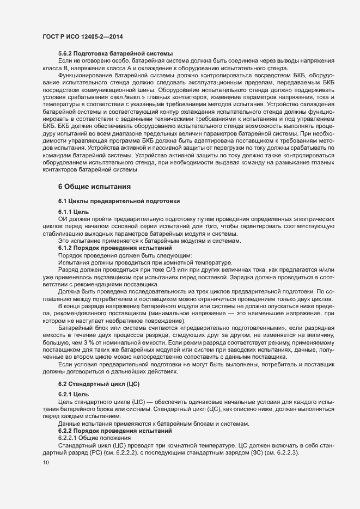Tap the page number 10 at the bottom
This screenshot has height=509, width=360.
click(46, 462)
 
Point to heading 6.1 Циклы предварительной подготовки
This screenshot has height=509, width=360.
click(116, 201)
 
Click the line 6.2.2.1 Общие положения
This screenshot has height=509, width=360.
click(94, 438)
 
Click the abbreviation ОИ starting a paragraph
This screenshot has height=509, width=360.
click(63, 218)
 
